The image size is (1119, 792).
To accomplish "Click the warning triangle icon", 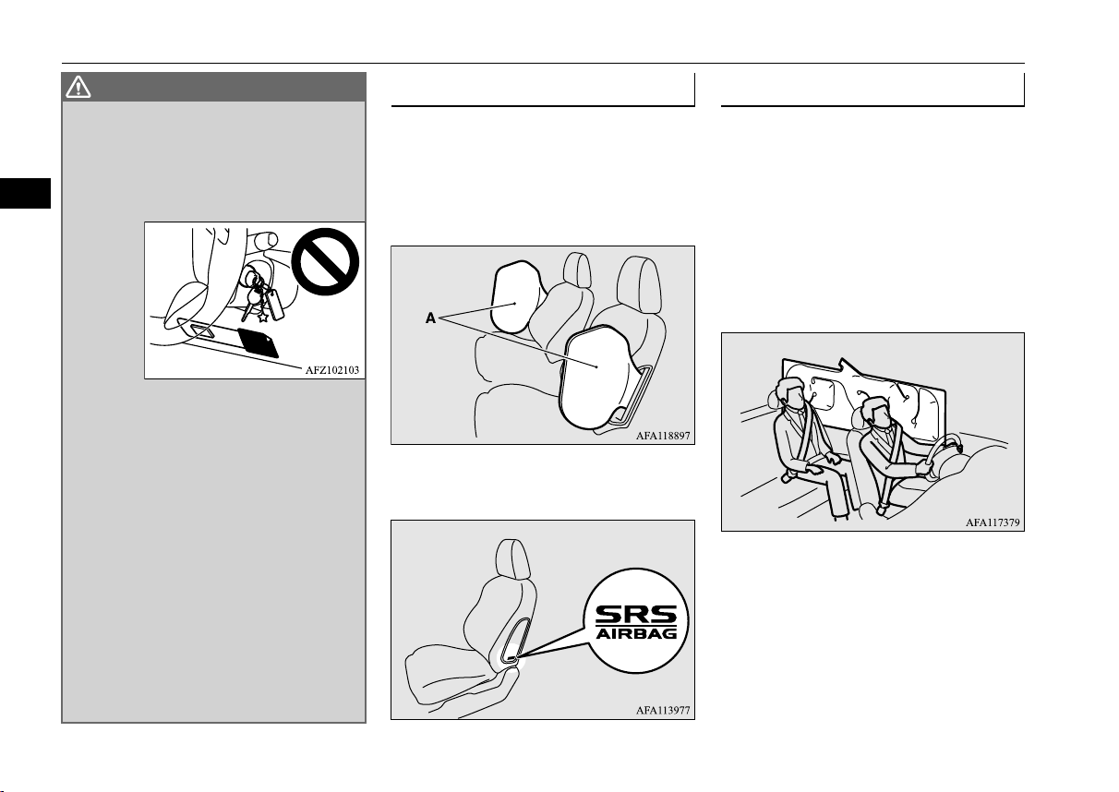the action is (78, 87).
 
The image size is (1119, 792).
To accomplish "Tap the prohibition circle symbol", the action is (325, 261).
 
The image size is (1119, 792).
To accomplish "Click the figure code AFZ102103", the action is (332, 370).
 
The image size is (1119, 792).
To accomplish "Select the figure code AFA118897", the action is (663, 436).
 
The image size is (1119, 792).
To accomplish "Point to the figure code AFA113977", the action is (663, 710).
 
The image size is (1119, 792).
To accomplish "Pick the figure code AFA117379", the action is (993, 522).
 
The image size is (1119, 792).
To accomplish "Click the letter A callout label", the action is (430, 318).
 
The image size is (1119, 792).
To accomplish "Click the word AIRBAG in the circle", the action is (636, 634).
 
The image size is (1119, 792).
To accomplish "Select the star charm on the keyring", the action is (263, 316).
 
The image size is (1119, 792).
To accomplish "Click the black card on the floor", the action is (258, 342).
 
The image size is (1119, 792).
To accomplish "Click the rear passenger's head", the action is (790, 392).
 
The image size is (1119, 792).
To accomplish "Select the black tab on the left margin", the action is (25, 193).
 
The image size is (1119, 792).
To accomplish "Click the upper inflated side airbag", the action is (516, 296).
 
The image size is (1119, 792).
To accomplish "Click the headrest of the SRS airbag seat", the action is (513, 558).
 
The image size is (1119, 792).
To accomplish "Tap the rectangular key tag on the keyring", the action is (275, 305).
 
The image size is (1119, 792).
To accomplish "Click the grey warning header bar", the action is (214, 87).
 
